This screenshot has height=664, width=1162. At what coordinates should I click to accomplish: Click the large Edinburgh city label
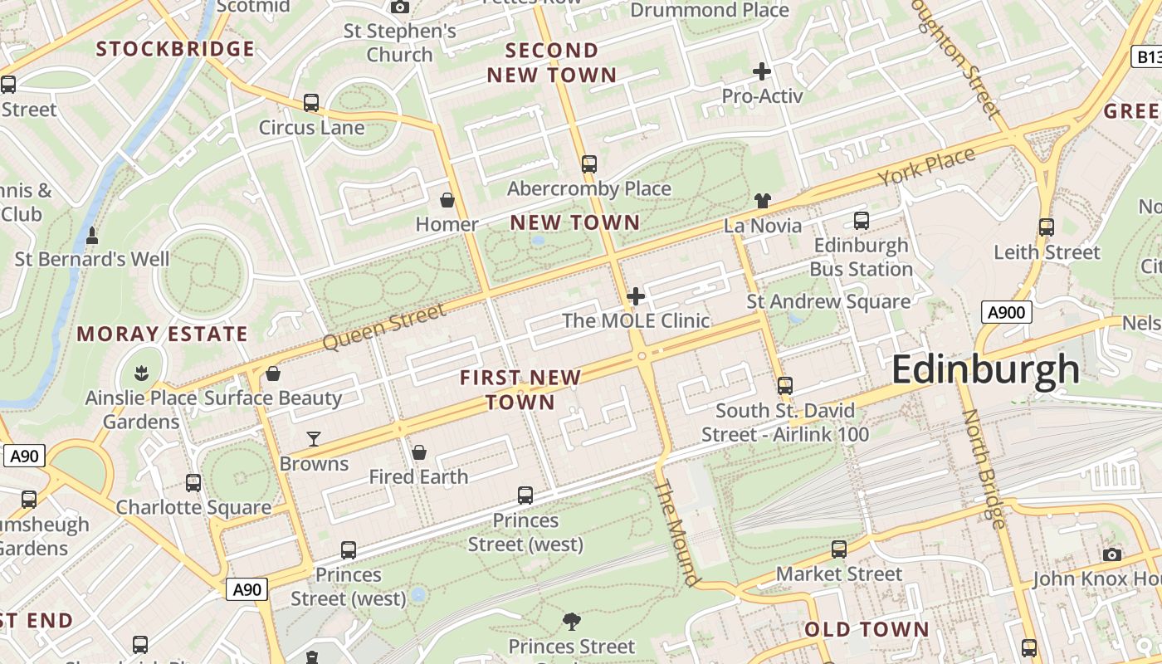pyautogui.click(x=985, y=370)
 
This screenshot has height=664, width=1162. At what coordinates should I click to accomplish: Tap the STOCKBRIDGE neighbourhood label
pyautogui.click(x=175, y=49)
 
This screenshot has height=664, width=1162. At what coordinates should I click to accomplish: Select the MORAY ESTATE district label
pyautogui.click(x=162, y=334)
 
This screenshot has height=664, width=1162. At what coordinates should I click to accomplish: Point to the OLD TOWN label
pyautogui.click(x=867, y=629)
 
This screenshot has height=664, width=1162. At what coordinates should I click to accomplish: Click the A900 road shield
pyautogui.click(x=1006, y=312)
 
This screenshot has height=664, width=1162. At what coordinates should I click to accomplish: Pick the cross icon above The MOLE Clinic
pyautogui.click(x=636, y=296)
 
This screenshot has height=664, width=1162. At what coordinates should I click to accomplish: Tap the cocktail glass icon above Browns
pyautogui.click(x=314, y=438)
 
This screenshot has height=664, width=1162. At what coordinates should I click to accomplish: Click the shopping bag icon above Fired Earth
pyautogui.click(x=419, y=452)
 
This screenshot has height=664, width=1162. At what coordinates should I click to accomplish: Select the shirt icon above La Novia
pyautogui.click(x=763, y=200)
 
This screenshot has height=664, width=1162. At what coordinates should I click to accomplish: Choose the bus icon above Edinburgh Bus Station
pyautogui.click(x=862, y=221)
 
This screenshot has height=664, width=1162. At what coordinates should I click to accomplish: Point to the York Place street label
pyautogui.click(x=925, y=168)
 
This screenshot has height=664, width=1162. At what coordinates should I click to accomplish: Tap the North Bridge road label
pyautogui.click(x=984, y=468)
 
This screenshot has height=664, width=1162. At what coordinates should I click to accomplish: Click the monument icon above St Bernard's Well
pyautogui.click(x=92, y=236)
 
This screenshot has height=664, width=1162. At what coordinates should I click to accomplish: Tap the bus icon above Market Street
pyautogui.click(x=839, y=549)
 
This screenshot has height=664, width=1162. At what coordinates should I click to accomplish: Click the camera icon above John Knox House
pyautogui.click(x=1112, y=554)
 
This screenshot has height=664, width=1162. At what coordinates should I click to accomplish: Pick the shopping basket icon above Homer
pyautogui.click(x=447, y=200)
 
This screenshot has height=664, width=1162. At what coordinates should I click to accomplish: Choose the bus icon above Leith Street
pyautogui.click(x=1047, y=227)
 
